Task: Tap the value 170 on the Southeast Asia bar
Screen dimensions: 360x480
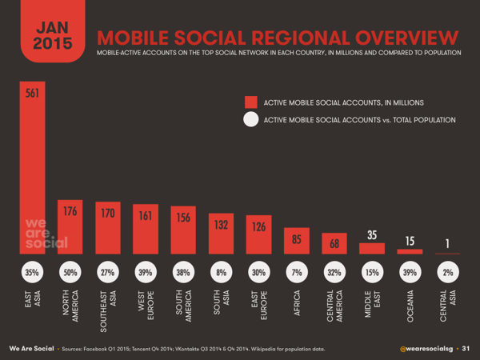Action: tap(106, 214)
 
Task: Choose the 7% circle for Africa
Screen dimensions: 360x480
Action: tap(296, 272)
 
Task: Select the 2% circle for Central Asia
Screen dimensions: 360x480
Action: tap(448, 272)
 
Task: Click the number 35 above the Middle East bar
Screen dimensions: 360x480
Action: tap(372, 236)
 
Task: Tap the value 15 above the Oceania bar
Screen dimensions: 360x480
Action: tap(410, 242)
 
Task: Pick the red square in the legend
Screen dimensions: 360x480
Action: tap(251, 102)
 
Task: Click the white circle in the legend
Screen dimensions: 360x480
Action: tap(251, 120)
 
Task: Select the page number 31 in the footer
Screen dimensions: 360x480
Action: tap(465, 349)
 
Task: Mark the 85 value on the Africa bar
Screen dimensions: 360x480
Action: tap(296, 238)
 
